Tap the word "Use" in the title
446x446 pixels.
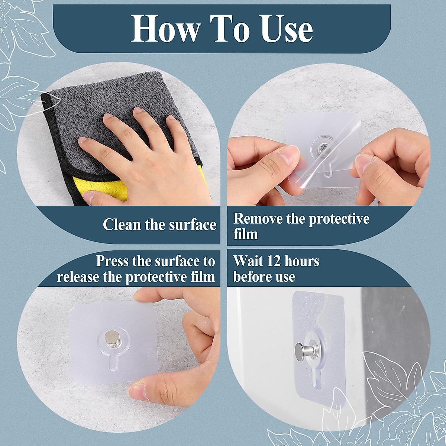coord(287,29)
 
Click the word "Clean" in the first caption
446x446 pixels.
coord(120,224)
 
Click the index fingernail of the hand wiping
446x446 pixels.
coord(83,140)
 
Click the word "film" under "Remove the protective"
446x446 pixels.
coord(245,235)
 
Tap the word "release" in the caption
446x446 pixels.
coord(78,277)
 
